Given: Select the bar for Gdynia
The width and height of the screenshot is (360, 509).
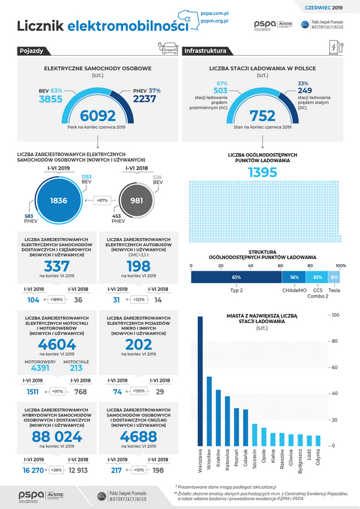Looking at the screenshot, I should coord(318,440).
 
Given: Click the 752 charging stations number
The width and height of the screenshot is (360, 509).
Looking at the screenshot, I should coord(262,115).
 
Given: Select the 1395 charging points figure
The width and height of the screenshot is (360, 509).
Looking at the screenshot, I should coord(262,172).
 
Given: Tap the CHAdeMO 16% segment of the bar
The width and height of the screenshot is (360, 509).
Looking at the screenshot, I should coord(294,277).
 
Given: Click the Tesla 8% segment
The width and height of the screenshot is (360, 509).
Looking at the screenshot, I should coord(334,277).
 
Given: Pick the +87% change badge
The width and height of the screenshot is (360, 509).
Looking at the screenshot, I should coord(101,200).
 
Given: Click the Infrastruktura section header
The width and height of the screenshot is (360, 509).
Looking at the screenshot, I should coord(205,51).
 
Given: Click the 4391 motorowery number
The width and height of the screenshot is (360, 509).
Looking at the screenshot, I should coord(40,369).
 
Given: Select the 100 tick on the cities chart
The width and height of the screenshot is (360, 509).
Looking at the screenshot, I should coord(335,315).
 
